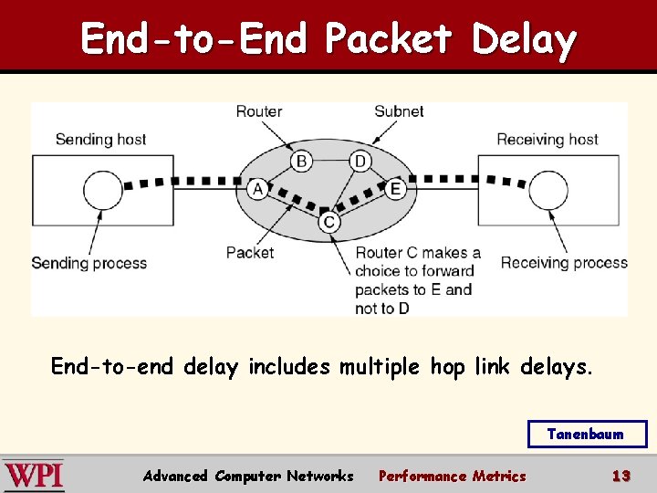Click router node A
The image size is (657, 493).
257,189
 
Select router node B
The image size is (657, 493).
301,162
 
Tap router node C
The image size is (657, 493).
329,222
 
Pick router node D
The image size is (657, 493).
360,162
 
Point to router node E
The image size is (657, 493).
395,189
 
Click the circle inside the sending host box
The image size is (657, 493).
102,191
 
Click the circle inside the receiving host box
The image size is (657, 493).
548,191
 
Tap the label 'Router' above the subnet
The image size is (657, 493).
259,111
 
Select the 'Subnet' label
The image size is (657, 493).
399,111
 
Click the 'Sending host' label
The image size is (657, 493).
100,140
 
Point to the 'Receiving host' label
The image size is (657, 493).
547,140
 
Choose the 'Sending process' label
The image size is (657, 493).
89,263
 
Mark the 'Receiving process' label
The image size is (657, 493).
564,263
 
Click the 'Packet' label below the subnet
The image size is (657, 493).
249,253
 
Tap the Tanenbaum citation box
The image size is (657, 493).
587,435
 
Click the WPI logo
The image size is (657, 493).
34,476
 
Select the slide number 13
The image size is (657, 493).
621,476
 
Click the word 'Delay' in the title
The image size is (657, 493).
524,39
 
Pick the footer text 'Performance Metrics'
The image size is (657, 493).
452,476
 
